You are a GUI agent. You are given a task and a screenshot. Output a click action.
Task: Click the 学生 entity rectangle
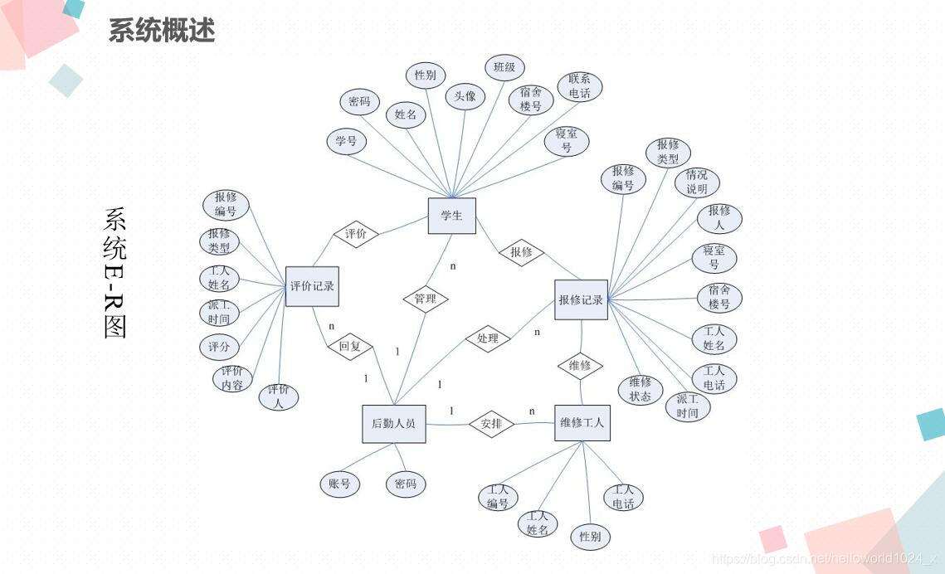click(x=451, y=216)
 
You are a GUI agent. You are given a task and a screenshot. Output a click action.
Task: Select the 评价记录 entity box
click(x=312, y=286)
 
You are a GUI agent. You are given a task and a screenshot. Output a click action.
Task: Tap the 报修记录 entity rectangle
click(x=581, y=299)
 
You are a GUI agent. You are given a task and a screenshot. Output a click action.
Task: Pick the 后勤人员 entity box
click(x=393, y=425)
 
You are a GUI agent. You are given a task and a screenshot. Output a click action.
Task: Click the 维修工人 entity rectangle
click(x=582, y=423)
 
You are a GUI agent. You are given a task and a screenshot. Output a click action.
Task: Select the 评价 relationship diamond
click(x=355, y=234)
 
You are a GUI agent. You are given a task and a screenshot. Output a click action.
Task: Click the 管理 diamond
click(x=425, y=299)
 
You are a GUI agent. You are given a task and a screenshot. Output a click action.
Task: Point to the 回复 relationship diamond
click(x=350, y=346)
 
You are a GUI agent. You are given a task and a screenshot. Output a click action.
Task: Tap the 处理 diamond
click(x=487, y=338)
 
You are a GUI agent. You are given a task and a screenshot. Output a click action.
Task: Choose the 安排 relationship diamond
click(x=491, y=424)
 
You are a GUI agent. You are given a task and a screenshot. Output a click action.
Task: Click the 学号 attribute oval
click(x=346, y=141)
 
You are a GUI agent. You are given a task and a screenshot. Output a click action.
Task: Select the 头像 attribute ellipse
click(x=465, y=96)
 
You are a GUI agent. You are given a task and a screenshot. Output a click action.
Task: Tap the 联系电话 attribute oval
click(x=580, y=86)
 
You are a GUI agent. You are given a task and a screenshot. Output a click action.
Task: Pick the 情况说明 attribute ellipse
click(x=697, y=182)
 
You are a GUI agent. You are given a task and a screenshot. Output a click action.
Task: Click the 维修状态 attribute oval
click(x=640, y=390)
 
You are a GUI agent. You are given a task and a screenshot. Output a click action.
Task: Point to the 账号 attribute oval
click(x=339, y=484)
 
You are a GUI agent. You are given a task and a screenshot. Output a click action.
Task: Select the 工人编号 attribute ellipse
click(x=498, y=497)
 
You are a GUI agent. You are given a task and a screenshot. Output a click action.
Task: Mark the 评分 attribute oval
click(x=220, y=346)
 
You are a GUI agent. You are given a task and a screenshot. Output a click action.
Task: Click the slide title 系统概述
click(x=162, y=31)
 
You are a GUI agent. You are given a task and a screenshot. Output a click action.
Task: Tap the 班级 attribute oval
click(x=504, y=67)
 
